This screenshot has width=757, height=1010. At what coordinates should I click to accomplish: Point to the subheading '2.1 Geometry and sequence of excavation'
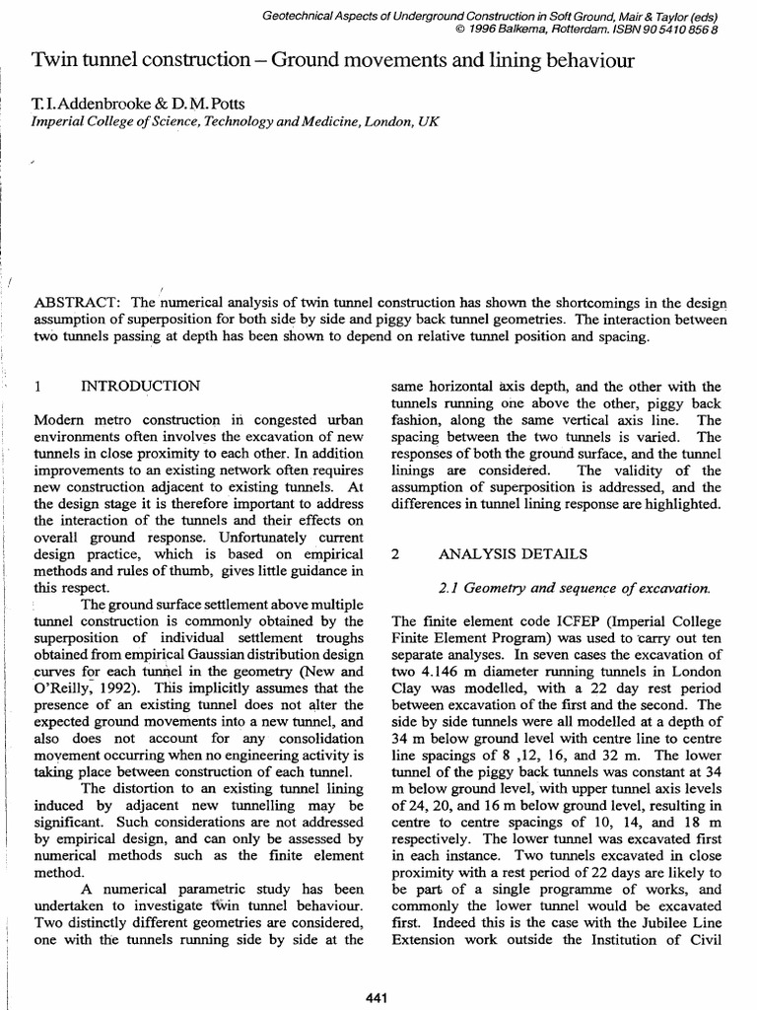point(574,588)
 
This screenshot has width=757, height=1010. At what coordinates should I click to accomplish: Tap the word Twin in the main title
point(52,62)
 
